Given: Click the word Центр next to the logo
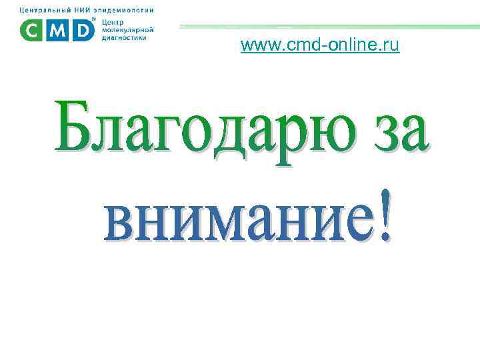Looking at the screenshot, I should (111, 23).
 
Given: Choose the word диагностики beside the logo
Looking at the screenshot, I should (125, 37).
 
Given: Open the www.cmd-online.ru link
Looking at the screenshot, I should (320, 46).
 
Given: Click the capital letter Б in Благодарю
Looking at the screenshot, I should (76, 127).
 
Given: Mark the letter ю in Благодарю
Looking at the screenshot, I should (317, 130).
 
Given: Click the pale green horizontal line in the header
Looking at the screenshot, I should (327, 27).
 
